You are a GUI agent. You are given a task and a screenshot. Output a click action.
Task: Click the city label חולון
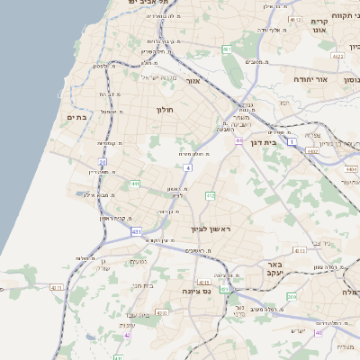(x=164, y=110)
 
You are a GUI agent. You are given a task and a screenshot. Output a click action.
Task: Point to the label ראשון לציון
(x=210, y=230)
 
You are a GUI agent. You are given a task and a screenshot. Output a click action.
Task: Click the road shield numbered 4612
(x=295, y=19)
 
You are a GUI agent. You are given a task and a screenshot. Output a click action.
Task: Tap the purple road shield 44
(x=239, y=140)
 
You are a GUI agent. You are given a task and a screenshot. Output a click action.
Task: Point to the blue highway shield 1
(x=292, y=142)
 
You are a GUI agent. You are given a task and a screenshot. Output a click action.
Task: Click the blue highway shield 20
(x=103, y=163)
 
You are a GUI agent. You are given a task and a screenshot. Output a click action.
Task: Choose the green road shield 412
(x=211, y=195)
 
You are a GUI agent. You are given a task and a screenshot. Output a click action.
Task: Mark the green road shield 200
(x=292, y=296)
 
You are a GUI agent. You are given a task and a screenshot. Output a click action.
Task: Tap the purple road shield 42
(x=128, y=334)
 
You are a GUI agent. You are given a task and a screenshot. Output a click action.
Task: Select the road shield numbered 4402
(x=312, y=153)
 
